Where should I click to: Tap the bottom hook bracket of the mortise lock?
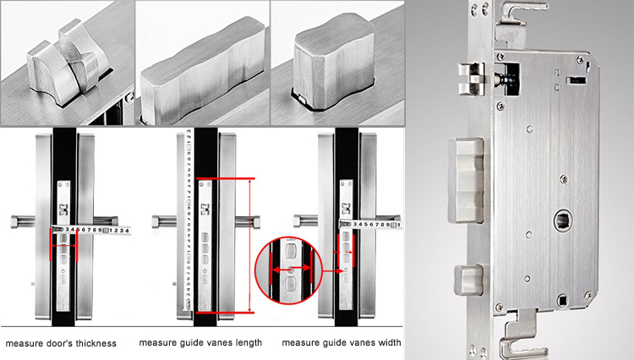pyautogui.click(x=516, y=337)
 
